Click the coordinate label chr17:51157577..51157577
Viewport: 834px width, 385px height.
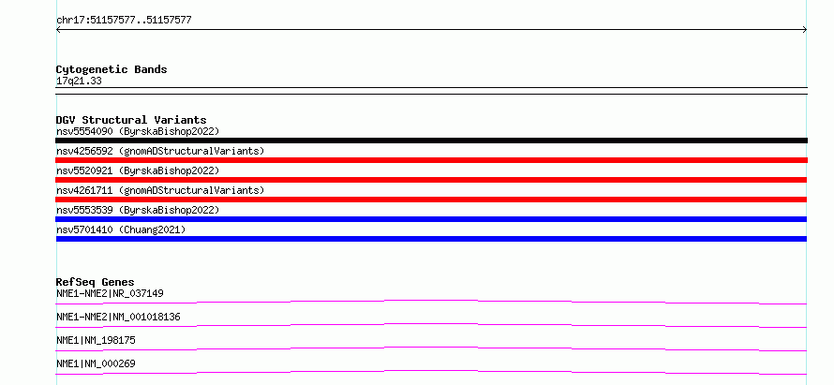pos(124,21)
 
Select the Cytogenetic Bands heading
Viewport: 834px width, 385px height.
pos(112,69)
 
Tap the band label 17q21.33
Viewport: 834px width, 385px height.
pos(79,81)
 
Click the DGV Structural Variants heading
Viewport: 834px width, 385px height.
pos(131,120)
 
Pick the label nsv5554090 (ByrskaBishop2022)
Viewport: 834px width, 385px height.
pos(138,131)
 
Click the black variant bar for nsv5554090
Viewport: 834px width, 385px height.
pos(431,141)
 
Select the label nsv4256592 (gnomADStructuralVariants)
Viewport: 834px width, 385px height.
pos(160,151)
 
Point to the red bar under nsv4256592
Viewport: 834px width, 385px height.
pos(431,160)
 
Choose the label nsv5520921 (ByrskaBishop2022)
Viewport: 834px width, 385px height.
pos(138,170)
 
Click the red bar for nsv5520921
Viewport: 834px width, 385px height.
pos(431,180)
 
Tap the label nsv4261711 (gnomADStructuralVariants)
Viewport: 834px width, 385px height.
pos(160,190)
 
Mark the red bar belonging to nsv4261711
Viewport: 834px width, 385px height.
pos(431,200)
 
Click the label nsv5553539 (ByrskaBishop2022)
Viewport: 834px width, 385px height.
pos(138,210)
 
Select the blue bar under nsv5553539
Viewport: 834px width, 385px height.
pos(431,219)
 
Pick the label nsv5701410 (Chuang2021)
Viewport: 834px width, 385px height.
pos(121,230)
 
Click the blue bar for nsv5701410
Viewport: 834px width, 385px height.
pos(431,239)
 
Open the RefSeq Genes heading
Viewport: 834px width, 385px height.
pos(96,282)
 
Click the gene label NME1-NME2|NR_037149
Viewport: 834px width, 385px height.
pos(110,293)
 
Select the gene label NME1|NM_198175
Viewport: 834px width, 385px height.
pos(96,340)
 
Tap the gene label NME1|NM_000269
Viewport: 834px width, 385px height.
pos(96,363)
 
